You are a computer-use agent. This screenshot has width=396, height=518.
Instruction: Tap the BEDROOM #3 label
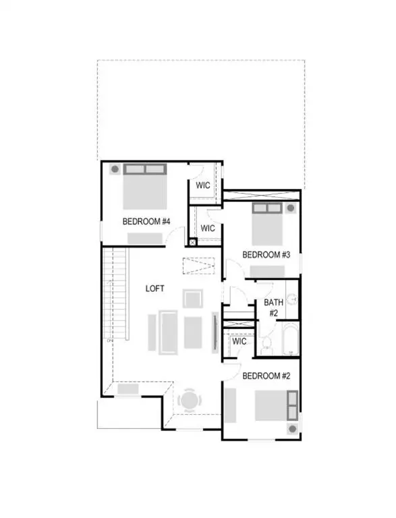point(266,254)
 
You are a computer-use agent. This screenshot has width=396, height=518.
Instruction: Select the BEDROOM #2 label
point(266,375)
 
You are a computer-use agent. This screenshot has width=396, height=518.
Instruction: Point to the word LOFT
point(155,289)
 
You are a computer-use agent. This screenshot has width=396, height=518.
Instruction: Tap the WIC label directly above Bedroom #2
point(239,342)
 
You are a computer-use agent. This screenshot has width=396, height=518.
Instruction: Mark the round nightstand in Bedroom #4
point(115,169)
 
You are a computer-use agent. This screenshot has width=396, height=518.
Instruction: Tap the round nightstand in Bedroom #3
point(291,208)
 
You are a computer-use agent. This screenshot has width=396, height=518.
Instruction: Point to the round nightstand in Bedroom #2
point(292,428)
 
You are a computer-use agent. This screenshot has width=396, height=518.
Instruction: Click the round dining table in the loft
point(188,401)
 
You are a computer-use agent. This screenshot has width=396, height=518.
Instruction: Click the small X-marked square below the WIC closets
point(192,243)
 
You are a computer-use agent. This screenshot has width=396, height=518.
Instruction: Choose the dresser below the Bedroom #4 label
point(144,238)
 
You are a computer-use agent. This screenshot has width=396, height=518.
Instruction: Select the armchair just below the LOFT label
point(193,299)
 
